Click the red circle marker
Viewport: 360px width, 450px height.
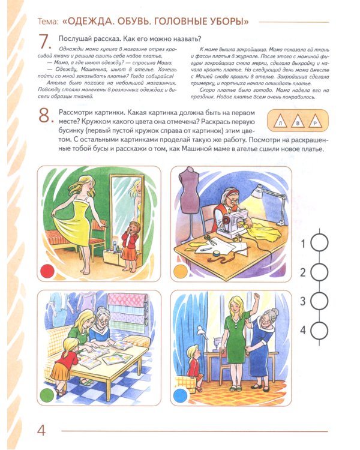(x=47, y=270)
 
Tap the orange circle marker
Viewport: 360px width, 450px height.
(x=180, y=271)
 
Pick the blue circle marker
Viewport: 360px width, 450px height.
(x=180, y=395)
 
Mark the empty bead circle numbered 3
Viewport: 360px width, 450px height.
(x=322, y=301)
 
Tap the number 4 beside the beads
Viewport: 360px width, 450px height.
(x=303, y=329)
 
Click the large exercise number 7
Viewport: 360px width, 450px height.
(x=44, y=44)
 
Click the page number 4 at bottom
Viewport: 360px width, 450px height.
(x=41, y=430)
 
